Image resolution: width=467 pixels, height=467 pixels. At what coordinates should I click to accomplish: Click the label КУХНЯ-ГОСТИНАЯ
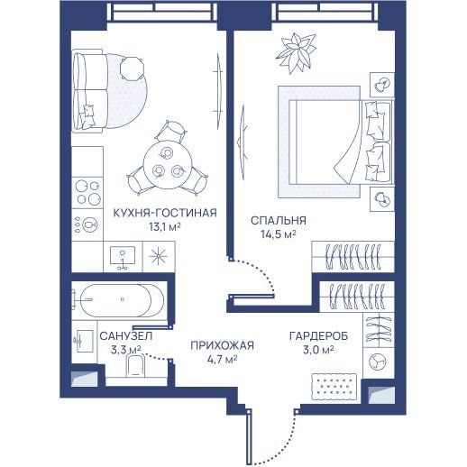pyautogui.click(x=165, y=213)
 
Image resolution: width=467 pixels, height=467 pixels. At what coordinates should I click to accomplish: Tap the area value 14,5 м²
pyautogui.click(x=279, y=234)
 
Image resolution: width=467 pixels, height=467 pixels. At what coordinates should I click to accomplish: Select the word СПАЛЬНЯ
pyautogui.click(x=279, y=221)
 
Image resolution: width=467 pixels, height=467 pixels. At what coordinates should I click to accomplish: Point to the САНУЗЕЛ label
pyautogui.click(x=126, y=335)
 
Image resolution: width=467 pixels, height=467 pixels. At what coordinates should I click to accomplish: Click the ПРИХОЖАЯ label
pyautogui.click(x=223, y=345)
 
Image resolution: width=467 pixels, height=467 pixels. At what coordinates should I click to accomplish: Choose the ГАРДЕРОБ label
pyautogui.click(x=318, y=335)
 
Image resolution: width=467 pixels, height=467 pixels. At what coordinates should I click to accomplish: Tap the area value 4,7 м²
pyautogui.click(x=223, y=359)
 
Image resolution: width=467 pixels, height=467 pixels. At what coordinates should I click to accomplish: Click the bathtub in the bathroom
pyautogui.click(x=119, y=299)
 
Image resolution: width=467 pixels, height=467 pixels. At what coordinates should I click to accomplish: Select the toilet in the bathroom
pyautogui.click(x=135, y=365)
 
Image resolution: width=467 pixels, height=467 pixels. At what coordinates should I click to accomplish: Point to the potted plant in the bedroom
pyautogui.click(x=297, y=53)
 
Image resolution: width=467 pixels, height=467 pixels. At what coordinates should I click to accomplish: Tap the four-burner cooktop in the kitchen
pyautogui.click(x=87, y=192)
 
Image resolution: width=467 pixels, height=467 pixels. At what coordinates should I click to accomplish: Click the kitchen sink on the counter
pyautogui.click(x=123, y=257)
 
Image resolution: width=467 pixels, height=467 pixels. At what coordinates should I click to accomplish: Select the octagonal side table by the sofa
pyautogui.click(x=132, y=69)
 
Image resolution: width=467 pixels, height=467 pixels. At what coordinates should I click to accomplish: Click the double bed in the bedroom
pyautogui.click(x=340, y=142)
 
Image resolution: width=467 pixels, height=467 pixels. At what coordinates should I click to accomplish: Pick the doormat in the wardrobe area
pyautogui.click(x=334, y=387)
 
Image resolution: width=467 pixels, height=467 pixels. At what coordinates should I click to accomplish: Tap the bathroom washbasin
pyautogui.click(x=84, y=341)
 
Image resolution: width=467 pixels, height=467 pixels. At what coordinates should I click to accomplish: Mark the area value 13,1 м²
pyautogui.click(x=165, y=226)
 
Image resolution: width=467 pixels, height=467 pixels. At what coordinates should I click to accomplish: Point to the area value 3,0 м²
pyautogui.click(x=318, y=350)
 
